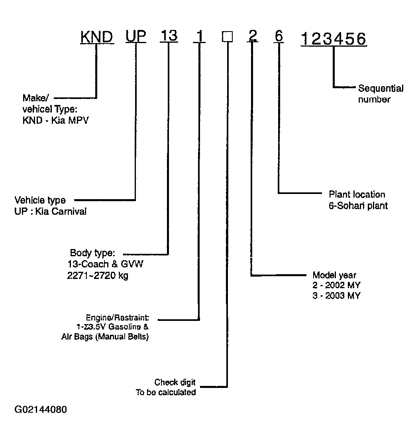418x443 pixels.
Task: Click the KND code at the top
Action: click(x=97, y=37)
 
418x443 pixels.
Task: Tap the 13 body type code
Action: click(x=169, y=36)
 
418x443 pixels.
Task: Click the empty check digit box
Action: click(x=228, y=37)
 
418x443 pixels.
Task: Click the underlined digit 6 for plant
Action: click(x=279, y=36)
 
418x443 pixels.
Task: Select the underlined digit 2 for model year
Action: click(x=253, y=36)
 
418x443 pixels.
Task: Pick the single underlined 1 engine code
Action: click(x=199, y=36)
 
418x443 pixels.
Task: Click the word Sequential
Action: click(x=381, y=89)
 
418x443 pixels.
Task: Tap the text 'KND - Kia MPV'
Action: click(x=55, y=121)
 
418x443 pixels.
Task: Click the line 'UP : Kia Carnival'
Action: click(x=51, y=212)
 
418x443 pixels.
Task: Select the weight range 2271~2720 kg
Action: click(x=98, y=275)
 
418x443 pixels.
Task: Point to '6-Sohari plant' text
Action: click(x=358, y=206)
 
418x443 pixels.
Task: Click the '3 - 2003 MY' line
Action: click(x=336, y=295)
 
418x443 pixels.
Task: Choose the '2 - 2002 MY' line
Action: click(x=336, y=285)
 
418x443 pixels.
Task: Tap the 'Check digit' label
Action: click(x=175, y=383)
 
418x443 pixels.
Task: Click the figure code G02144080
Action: click(x=41, y=409)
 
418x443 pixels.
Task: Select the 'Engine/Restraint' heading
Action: click(x=117, y=318)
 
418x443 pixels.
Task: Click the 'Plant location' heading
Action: click(x=357, y=194)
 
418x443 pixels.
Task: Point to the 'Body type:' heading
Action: click(x=92, y=253)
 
